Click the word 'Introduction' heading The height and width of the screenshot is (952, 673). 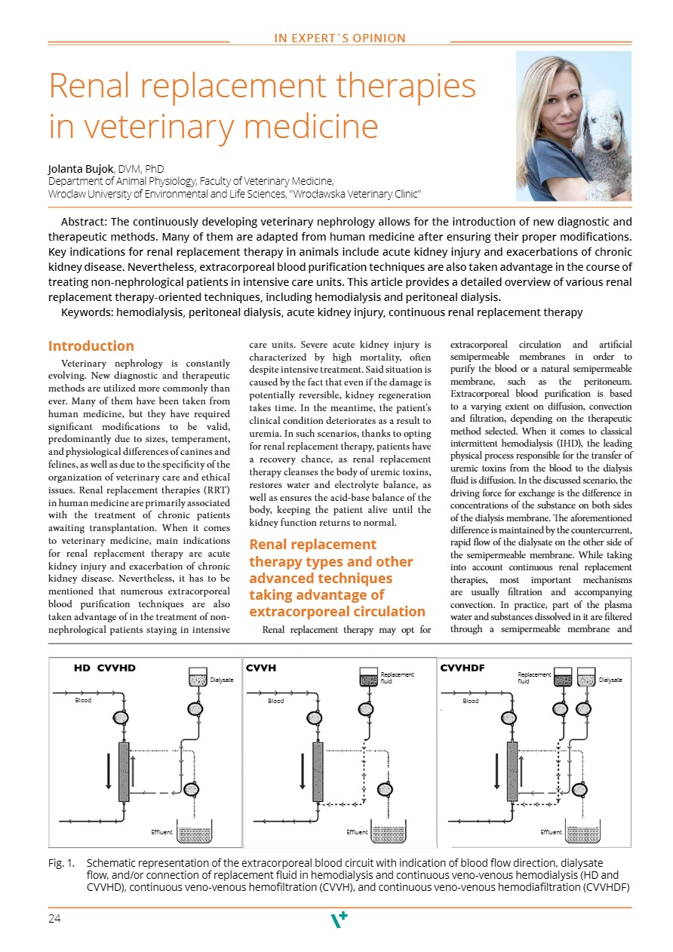91,346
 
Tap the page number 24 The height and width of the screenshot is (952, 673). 54,918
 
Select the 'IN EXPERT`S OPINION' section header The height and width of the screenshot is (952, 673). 340,38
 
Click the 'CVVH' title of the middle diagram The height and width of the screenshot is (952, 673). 262,668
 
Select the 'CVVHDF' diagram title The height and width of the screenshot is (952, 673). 462,668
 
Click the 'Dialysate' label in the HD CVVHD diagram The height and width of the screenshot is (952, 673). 221,680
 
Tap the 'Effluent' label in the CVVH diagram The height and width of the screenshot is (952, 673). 357,832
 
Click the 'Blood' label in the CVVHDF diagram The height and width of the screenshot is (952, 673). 471,701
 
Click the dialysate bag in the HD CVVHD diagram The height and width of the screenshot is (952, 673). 197,677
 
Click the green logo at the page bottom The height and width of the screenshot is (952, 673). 340,920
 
